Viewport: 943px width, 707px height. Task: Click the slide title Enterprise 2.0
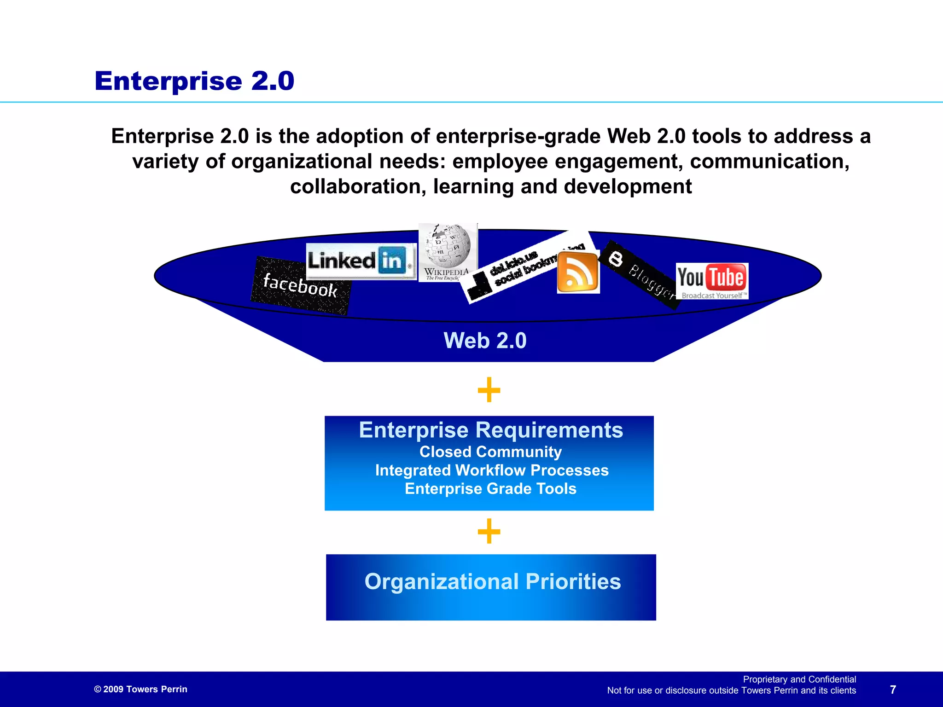click(x=194, y=81)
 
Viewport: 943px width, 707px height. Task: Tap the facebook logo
click(x=300, y=286)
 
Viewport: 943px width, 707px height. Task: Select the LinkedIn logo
click(x=361, y=261)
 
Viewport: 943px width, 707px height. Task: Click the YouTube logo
click(x=712, y=281)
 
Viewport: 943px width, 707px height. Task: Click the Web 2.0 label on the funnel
click(x=485, y=341)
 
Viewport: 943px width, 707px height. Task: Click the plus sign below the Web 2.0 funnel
click(x=489, y=390)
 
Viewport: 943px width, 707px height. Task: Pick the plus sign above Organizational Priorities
click(x=489, y=531)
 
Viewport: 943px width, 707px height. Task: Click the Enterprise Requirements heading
click(x=491, y=430)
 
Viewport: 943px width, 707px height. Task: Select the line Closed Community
click(x=490, y=452)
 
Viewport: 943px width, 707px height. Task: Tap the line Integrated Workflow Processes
click(x=492, y=470)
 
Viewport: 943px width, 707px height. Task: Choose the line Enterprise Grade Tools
click(x=490, y=489)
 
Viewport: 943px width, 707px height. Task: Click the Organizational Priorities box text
click(x=493, y=582)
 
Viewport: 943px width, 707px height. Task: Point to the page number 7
click(x=893, y=690)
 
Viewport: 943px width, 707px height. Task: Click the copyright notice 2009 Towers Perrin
click(x=141, y=690)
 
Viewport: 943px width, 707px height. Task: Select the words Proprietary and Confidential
click(x=799, y=679)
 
